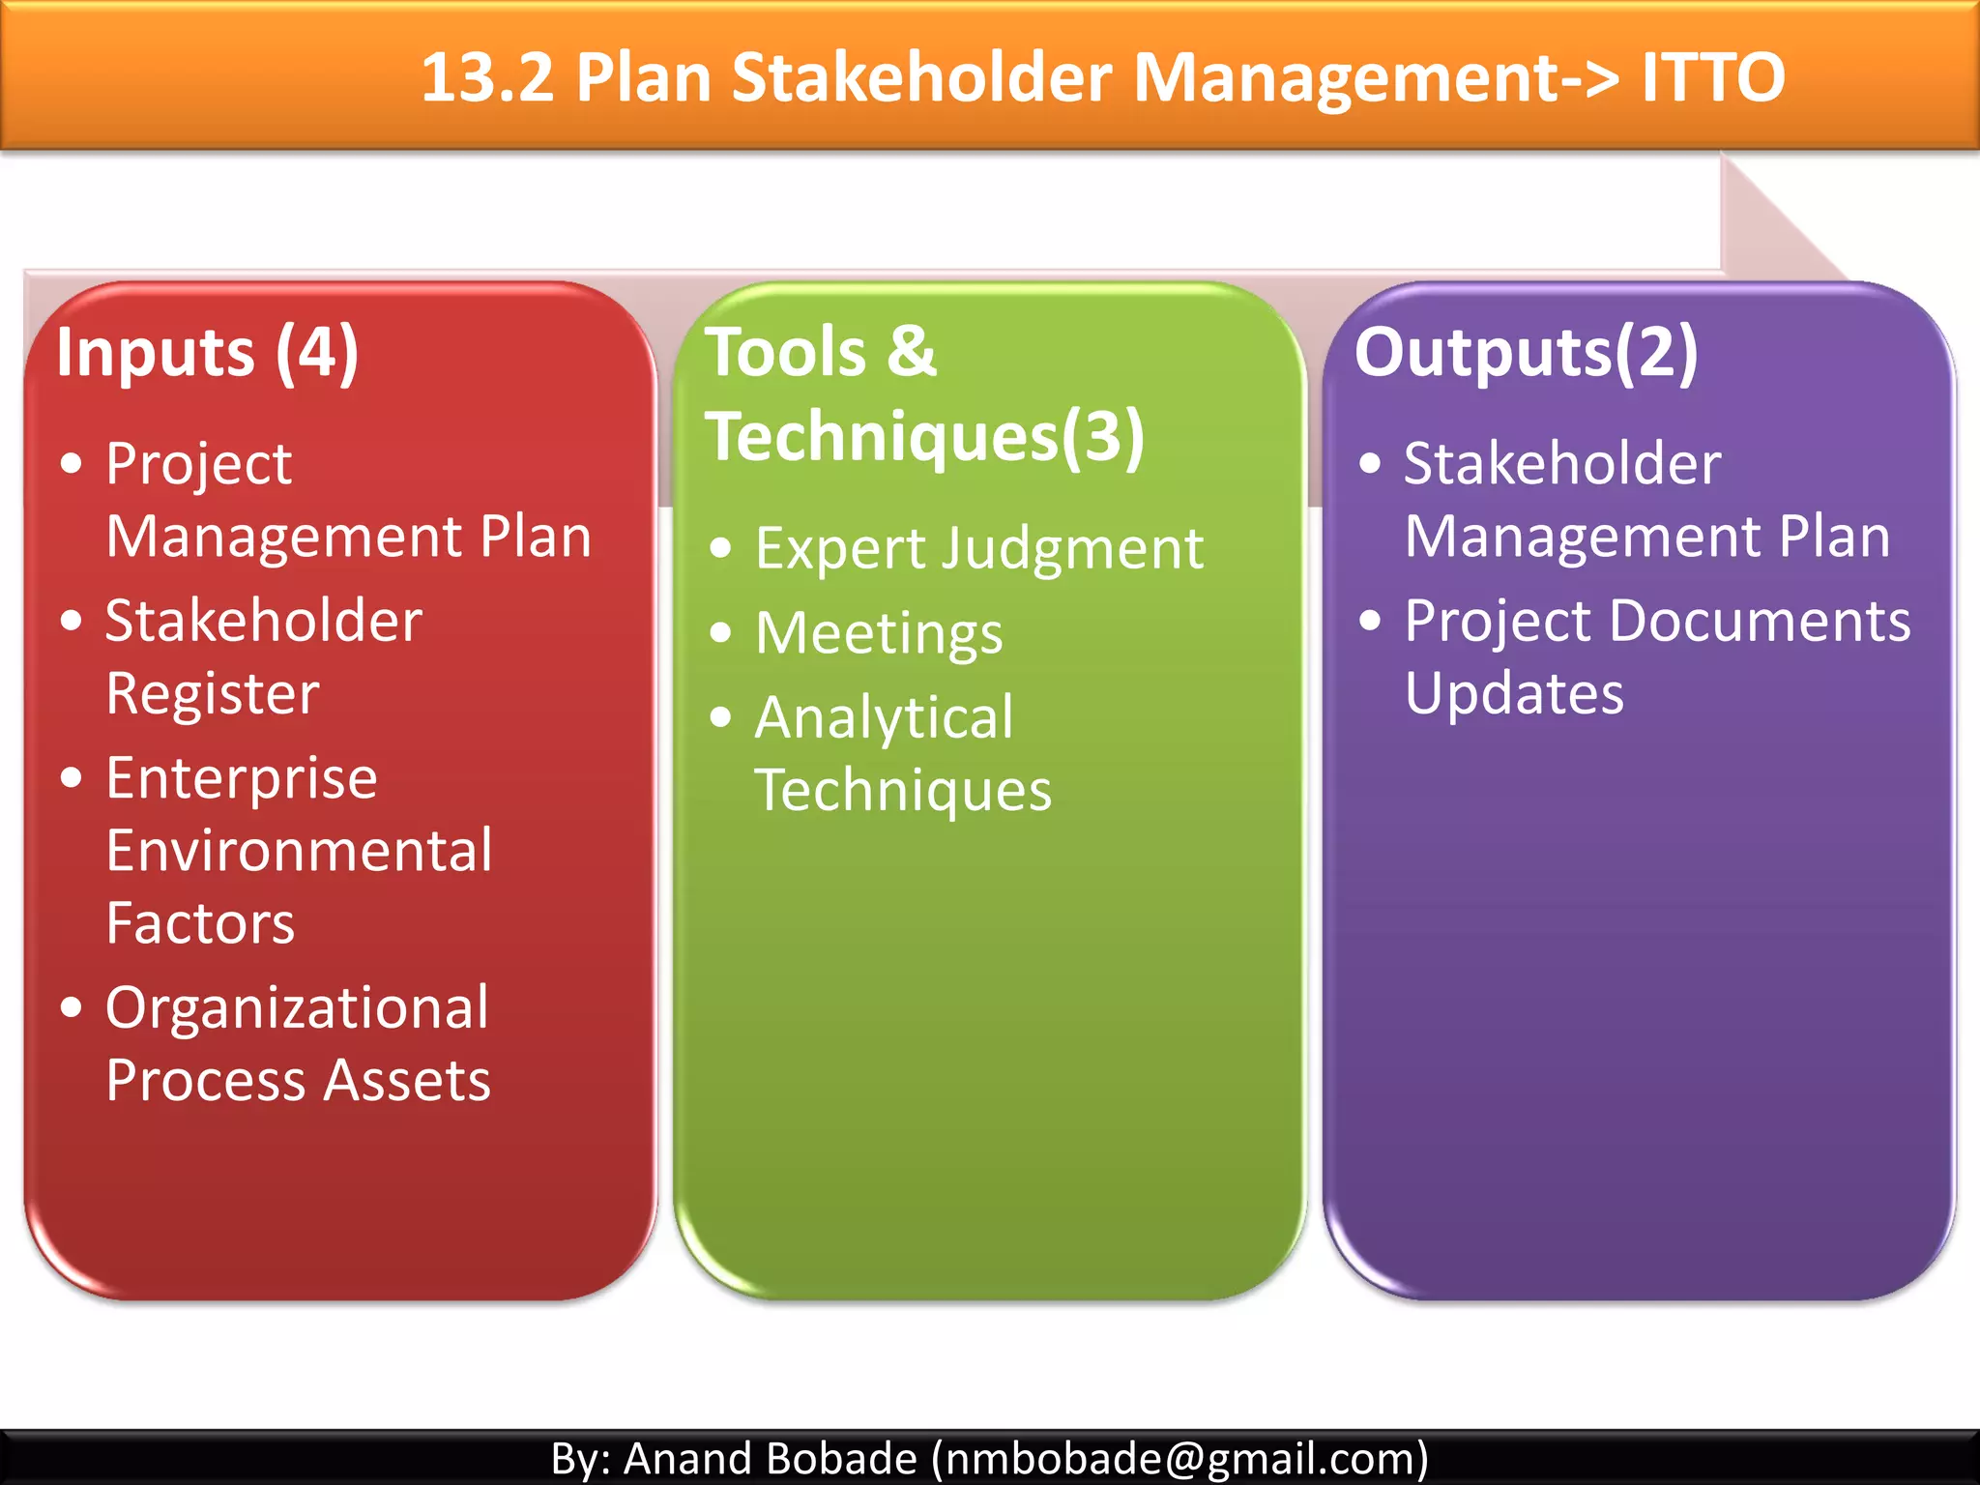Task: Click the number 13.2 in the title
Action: point(487,77)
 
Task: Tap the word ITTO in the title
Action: point(1712,77)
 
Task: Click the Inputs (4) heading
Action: point(208,353)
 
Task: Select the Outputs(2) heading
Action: point(1526,353)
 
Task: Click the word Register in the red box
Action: point(213,693)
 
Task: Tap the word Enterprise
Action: point(242,778)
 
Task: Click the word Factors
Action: point(200,923)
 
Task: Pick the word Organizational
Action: point(297,1007)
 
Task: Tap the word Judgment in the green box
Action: point(1073,549)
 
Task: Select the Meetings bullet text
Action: point(879,633)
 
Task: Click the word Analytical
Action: point(884,718)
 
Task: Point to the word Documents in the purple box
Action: point(1760,621)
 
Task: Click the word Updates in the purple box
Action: point(1514,693)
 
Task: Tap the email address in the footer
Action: point(1179,1458)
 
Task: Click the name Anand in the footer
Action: point(688,1458)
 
